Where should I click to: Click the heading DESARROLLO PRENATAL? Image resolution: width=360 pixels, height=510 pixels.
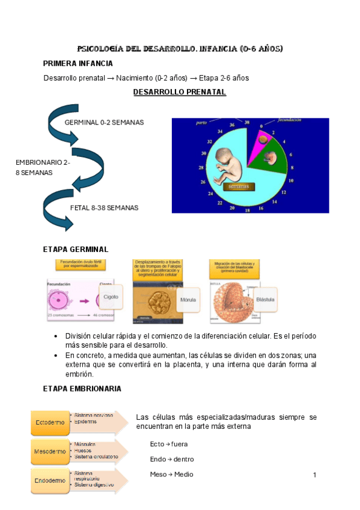point(179,92)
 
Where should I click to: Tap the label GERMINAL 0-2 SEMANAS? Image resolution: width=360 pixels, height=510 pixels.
point(104,122)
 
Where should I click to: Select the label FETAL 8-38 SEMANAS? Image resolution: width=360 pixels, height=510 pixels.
point(104,208)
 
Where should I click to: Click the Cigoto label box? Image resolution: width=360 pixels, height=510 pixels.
point(111,296)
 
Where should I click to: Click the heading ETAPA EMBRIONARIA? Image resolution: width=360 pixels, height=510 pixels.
point(82,389)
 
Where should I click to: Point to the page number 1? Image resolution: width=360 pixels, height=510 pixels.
point(314,475)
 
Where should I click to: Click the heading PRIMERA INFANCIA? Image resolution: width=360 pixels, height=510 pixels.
point(78,63)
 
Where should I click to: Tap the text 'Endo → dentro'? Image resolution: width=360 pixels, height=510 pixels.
point(172,459)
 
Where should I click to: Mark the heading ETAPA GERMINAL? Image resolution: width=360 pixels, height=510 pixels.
point(75,249)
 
